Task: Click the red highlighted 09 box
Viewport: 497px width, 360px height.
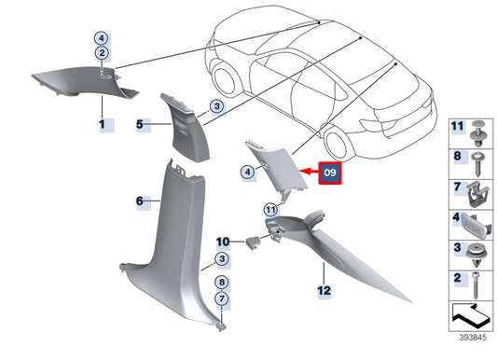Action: pos(330,173)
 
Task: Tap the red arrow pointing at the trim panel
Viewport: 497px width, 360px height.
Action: pos(310,173)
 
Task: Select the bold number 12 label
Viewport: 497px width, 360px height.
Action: pos(324,290)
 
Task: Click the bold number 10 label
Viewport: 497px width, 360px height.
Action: pos(223,242)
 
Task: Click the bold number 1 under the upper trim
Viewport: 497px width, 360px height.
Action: pos(102,124)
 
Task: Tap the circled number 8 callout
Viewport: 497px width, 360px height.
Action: pos(222,283)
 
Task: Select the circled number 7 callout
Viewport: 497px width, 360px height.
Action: pos(222,298)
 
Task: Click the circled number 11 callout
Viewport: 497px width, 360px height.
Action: pos(270,210)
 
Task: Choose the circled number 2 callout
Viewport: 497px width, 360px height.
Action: pos(102,53)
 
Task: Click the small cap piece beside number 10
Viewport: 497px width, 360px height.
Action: pos(253,243)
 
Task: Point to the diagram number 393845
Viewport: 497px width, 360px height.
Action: pos(473,338)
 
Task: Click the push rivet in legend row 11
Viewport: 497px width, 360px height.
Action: pos(479,133)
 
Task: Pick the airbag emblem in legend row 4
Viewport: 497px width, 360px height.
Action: pos(476,226)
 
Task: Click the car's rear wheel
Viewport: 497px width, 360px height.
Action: pos(338,143)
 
